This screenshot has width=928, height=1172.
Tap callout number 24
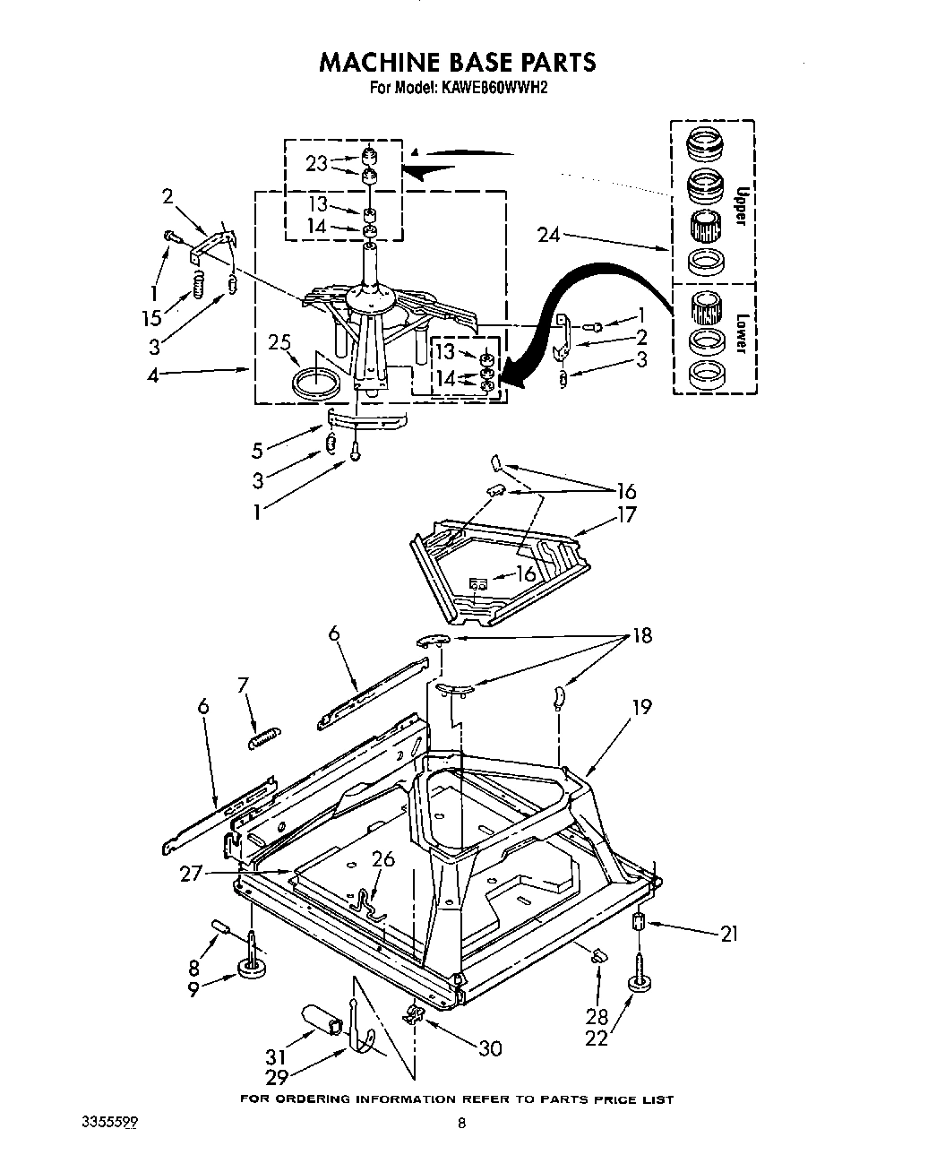click(550, 236)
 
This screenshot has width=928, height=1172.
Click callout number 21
click(729, 934)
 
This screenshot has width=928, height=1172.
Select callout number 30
click(489, 1047)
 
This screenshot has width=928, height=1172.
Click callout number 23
click(316, 163)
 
